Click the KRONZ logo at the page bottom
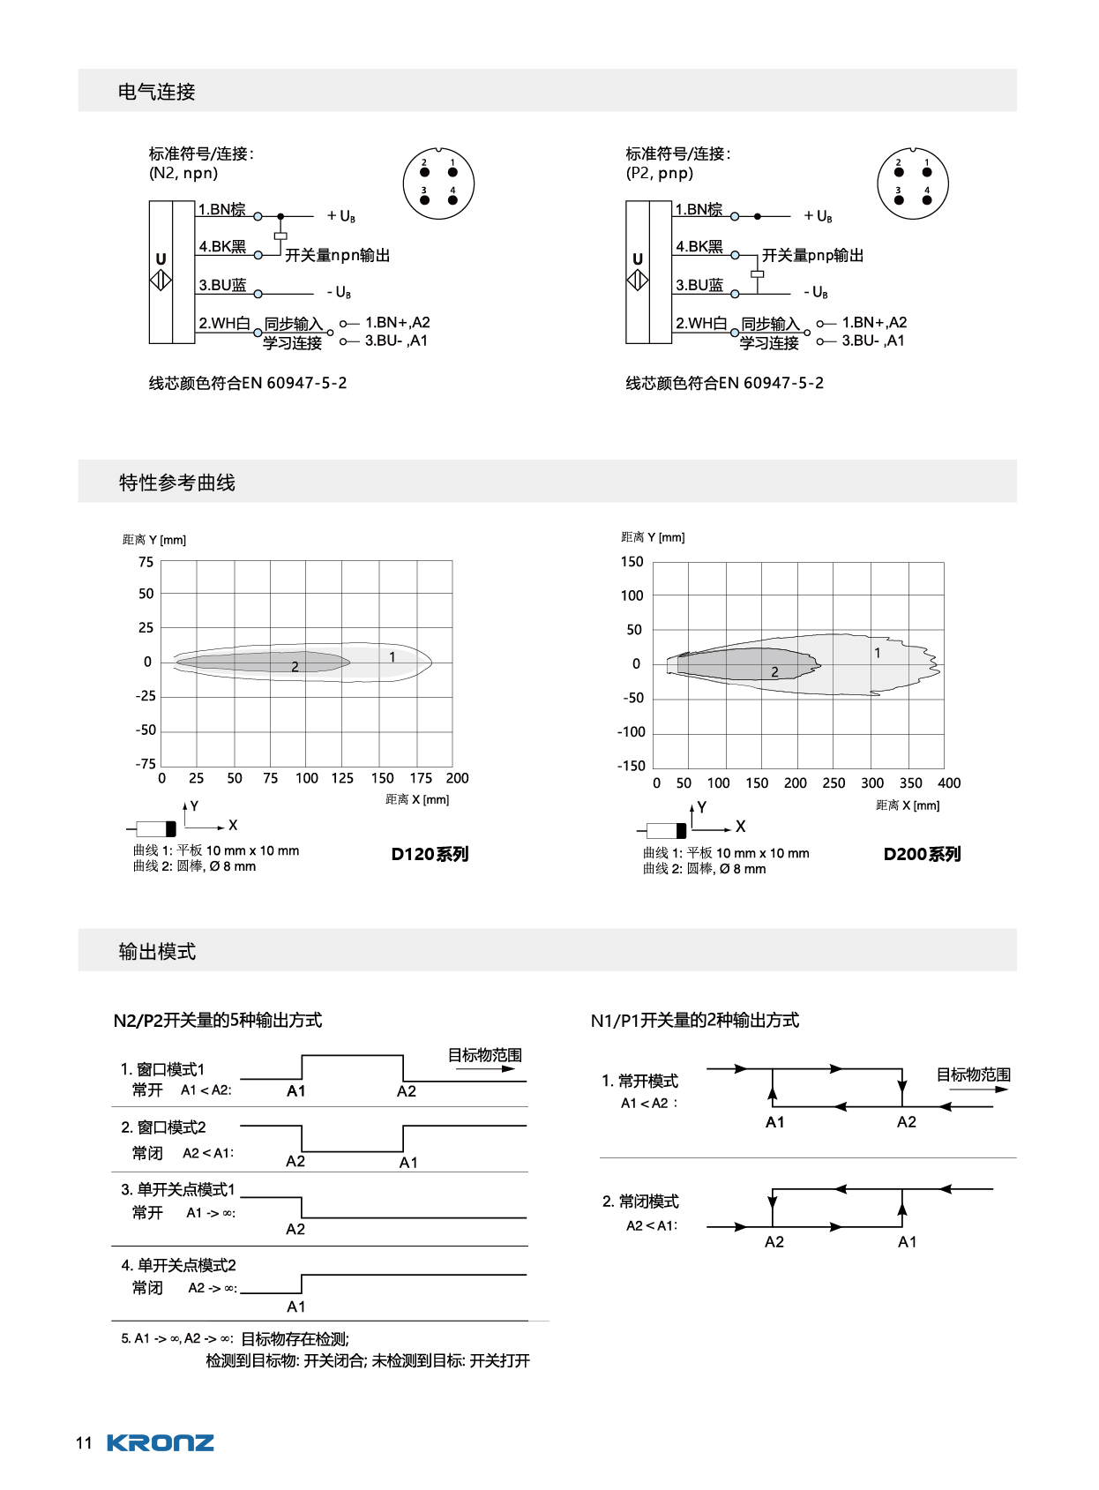(x=160, y=1443)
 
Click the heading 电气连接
(x=156, y=92)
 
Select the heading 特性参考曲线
(x=176, y=483)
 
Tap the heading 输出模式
(x=157, y=952)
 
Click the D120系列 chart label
(x=430, y=854)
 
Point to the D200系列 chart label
(x=922, y=854)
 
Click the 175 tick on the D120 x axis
(x=421, y=778)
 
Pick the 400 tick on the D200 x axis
(x=949, y=783)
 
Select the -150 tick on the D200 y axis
(x=632, y=766)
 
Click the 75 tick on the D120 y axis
(x=146, y=562)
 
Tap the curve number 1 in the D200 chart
(x=877, y=653)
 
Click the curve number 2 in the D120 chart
(x=295, y=667)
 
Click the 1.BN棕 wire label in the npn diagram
(x=221, y=209)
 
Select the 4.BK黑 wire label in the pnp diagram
(x=699, y=246)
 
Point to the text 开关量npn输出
(x=337, y=255)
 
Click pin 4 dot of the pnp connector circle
(x=927, y=200)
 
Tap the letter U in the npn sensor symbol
(x=161, y=259)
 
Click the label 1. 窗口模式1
(x=162, y=1069)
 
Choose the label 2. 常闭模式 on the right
(x=640, y=1202)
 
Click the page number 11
(x=84, y=1443)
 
